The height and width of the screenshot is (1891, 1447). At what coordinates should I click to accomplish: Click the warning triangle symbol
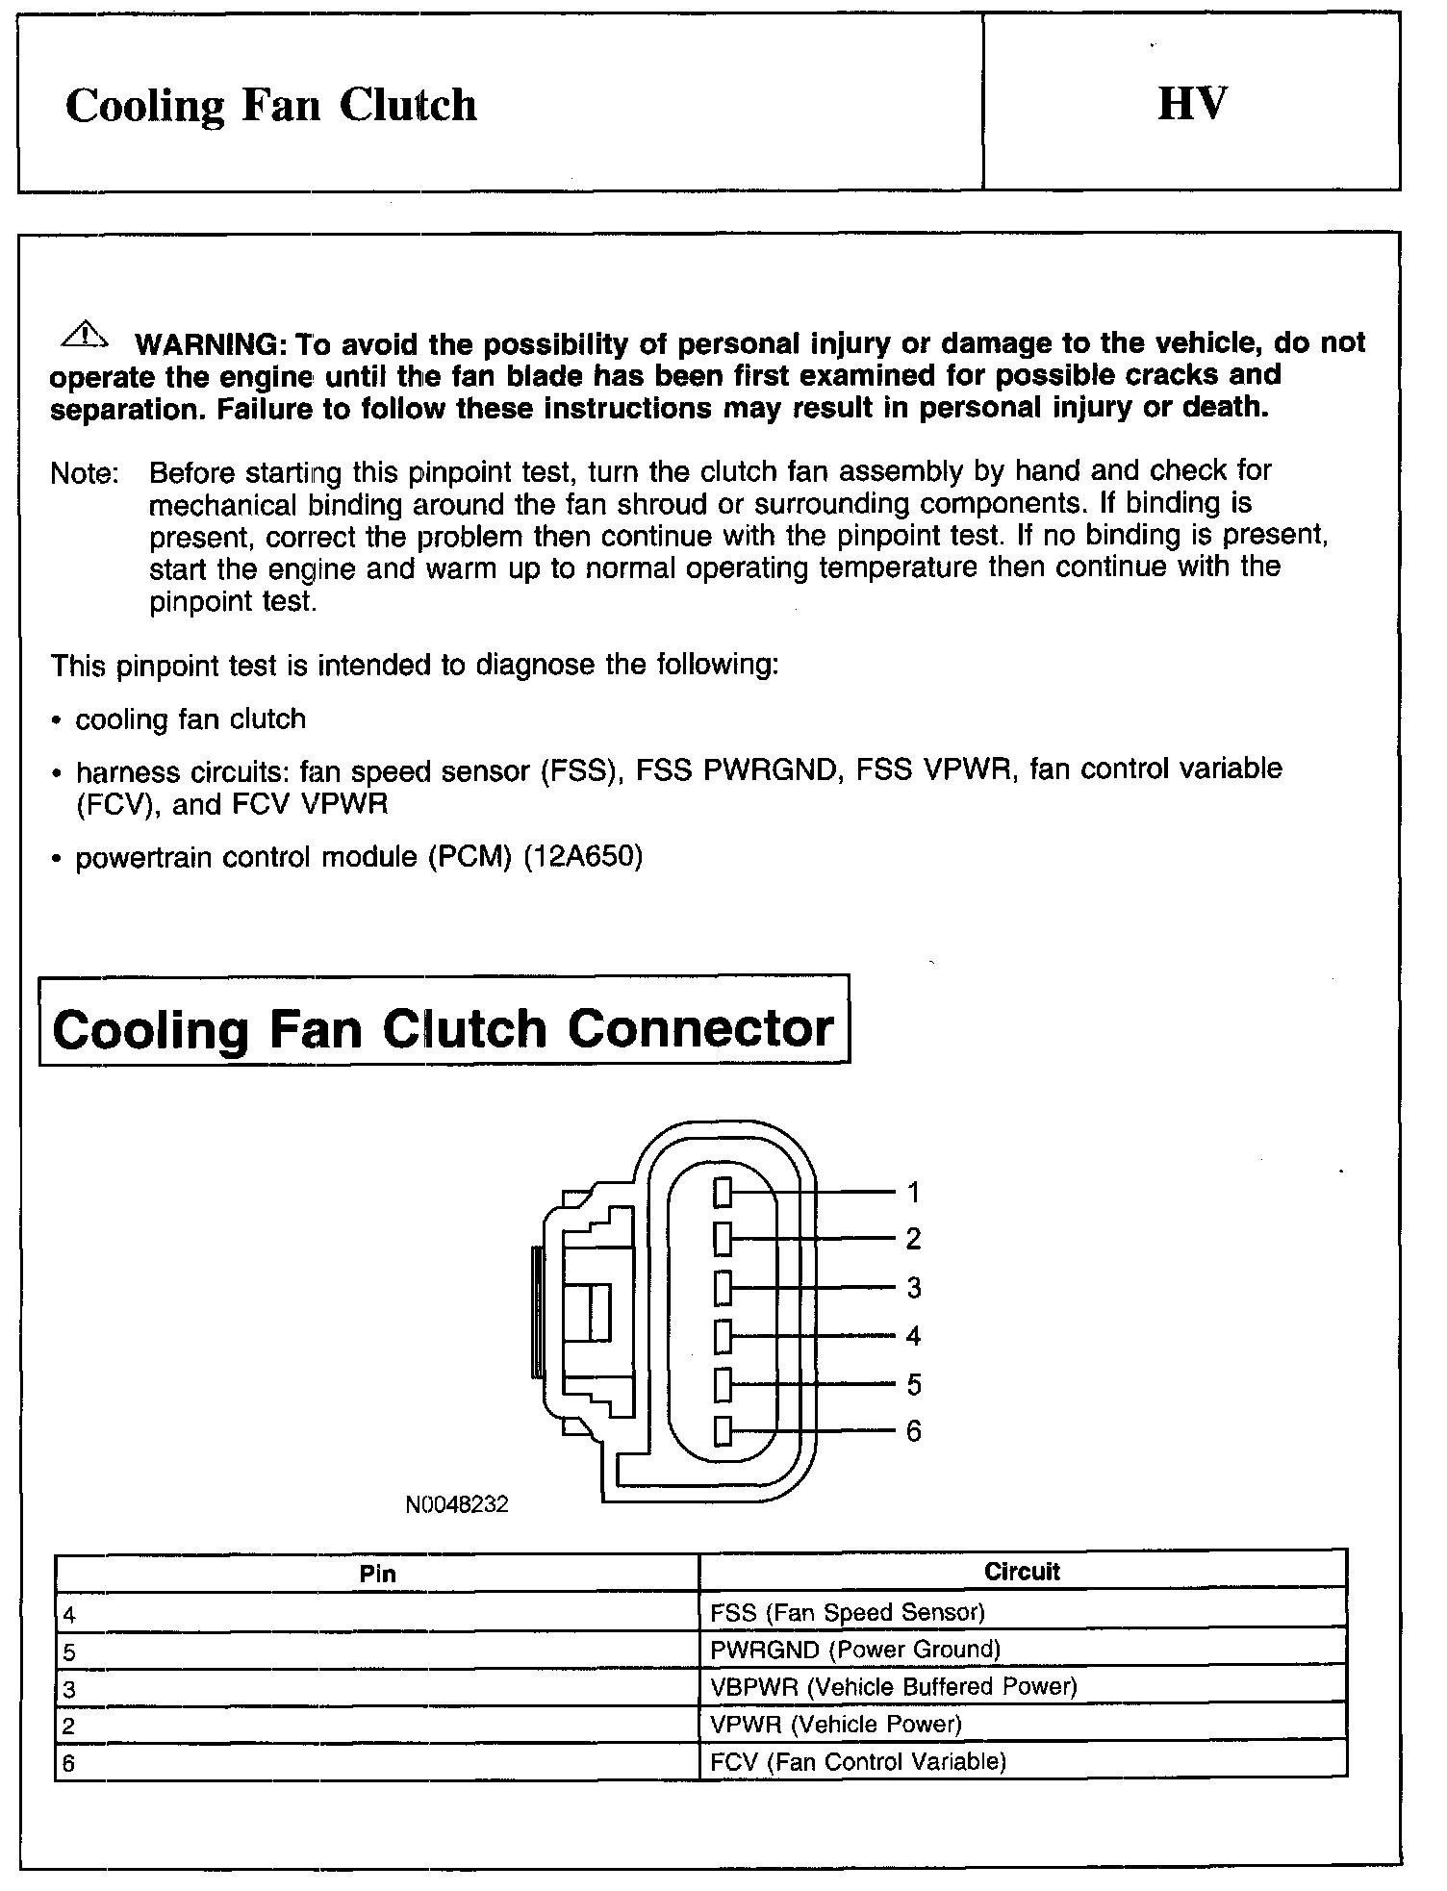click(85, 335)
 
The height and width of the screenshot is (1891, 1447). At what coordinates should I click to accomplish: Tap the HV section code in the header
click(1192, 104)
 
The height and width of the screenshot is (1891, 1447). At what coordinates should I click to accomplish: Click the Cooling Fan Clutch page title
click(271, 105)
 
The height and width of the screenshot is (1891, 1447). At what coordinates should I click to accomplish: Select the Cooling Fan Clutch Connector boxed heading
click(444, 1028)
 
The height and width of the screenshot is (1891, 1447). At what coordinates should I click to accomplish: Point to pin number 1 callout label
click(914, 1193)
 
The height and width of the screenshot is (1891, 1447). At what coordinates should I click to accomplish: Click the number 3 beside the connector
click(914, 1287)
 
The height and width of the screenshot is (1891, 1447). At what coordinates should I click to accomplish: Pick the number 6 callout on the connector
click(914, 1431)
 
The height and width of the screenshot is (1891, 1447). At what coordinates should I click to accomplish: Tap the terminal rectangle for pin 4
click(723, 1336)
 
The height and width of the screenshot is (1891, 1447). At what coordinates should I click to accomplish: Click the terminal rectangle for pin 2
click(723, 1239)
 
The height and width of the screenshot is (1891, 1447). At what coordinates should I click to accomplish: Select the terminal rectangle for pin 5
click(723, 1385)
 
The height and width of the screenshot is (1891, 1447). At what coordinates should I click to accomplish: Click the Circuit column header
click(1022, 1572)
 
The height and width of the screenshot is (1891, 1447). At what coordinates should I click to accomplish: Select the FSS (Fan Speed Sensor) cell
click(848, 1612)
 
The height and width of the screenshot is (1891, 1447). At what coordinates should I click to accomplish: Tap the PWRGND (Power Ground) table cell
click(855, 1650)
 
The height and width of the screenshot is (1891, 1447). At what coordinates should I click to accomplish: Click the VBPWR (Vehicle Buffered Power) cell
click(894, 1686)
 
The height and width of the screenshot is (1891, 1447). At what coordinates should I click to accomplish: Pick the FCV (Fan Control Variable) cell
click(858, 1761)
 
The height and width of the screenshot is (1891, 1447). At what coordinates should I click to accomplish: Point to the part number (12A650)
click(582, 856)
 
